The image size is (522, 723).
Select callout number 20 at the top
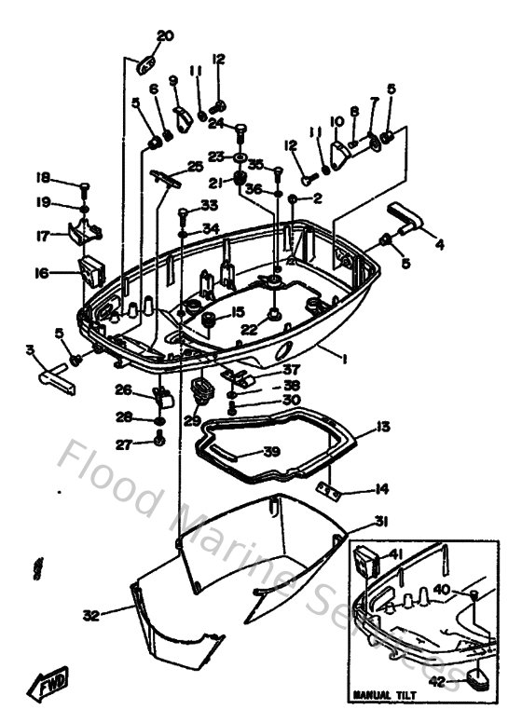click(x=165, y=36)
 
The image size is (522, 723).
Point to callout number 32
click(x=89, y=615)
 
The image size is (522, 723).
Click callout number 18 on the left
click(x=43, y=178)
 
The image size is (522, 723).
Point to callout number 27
click(x=123, y=443)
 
